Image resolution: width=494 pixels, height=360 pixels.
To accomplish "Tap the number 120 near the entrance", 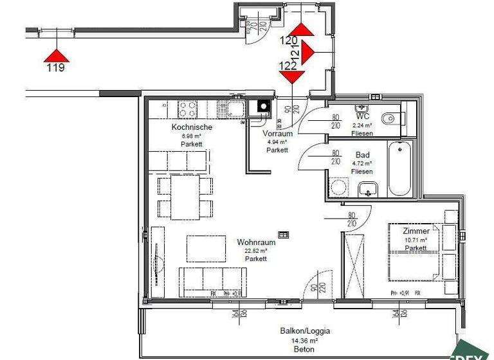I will click(289, 40).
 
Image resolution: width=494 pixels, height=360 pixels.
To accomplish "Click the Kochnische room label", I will click(192, 127).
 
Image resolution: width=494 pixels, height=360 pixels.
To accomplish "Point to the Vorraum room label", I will click(278, 134).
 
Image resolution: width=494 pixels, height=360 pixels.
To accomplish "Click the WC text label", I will click(362, 116).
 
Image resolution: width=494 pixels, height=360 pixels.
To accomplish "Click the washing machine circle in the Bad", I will click(338, 188).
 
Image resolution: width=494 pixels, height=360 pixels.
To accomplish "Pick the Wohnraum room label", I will click(256, 242).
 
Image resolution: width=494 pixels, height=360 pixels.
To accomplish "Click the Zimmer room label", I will click(416, 231).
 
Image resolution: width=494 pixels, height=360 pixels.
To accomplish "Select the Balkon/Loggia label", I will click(305, 331).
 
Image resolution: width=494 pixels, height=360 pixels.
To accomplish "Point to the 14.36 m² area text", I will click(305, 341).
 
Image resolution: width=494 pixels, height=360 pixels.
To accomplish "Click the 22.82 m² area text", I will click(256, 251).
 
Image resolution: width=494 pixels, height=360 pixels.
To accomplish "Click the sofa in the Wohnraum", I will click(212, 281).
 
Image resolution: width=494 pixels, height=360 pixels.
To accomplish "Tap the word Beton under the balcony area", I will click(305, 350).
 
